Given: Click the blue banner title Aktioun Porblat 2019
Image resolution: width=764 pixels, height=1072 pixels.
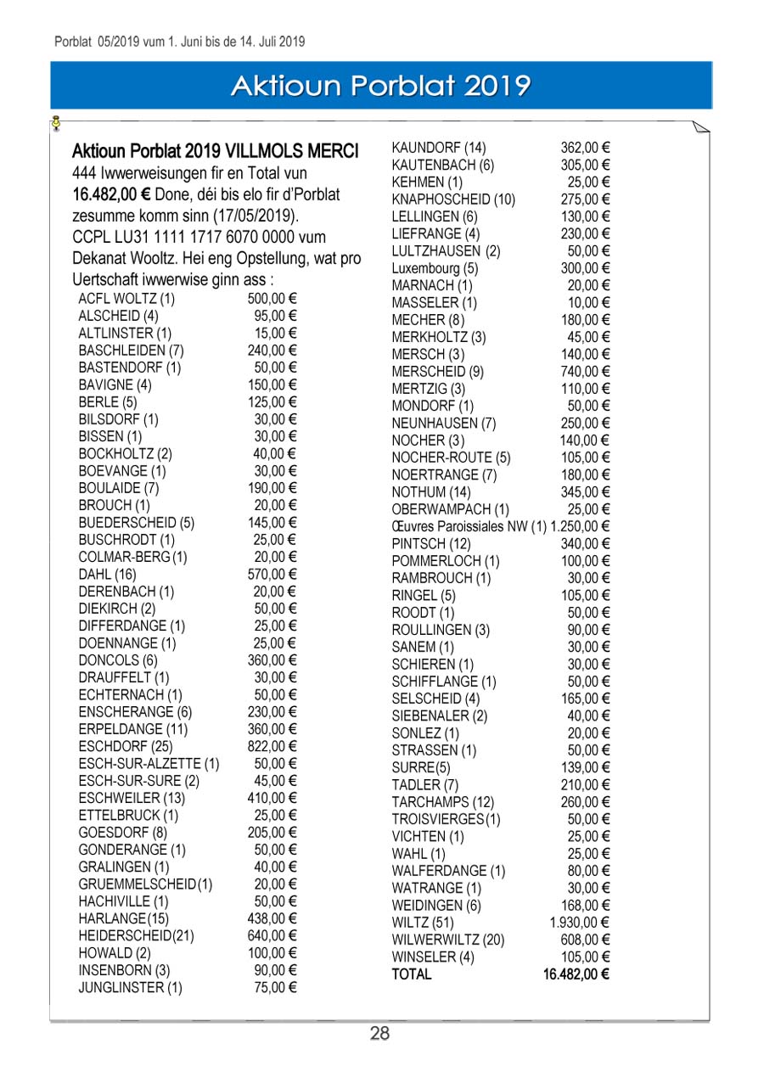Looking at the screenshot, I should pos(381,86).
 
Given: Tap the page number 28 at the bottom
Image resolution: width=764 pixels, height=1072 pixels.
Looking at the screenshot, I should pos(379,1033).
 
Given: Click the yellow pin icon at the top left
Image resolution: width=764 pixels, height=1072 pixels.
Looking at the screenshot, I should pos(56,123).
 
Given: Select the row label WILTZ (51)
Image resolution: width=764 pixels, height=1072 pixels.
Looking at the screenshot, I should pos(423,923).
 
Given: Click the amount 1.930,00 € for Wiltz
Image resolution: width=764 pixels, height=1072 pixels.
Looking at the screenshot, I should pos(580,923).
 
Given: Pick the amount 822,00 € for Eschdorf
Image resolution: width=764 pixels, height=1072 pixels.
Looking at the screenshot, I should pos(272,747).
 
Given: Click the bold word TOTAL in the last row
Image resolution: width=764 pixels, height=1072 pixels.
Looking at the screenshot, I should pos(412,974).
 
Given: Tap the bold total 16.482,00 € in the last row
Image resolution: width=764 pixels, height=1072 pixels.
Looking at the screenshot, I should pos(576,974).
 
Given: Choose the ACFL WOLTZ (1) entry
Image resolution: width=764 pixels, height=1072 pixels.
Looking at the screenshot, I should pos(126,299).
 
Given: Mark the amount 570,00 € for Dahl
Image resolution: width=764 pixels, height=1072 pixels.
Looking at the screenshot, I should pos(272,575).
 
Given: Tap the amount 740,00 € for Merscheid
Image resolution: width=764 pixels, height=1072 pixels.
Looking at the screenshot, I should pos(586,371).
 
